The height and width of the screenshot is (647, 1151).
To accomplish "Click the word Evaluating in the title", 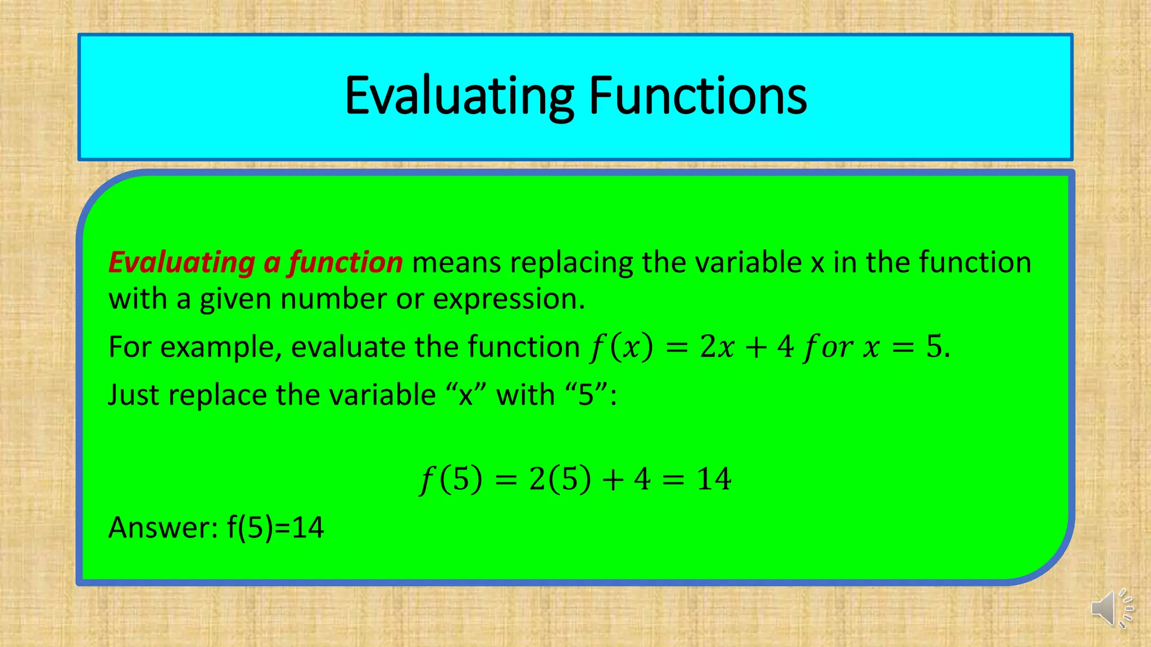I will pos(459,96).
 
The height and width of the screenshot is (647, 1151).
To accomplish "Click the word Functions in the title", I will pos(697,96).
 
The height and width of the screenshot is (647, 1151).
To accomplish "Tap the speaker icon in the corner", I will pos(1112,609).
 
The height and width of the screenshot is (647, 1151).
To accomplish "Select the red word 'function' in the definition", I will pos(346,262).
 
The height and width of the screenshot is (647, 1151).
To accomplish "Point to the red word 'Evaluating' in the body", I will pos(182,262).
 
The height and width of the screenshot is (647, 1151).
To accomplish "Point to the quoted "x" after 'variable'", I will pos(466,394).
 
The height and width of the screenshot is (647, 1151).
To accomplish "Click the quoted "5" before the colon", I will pos(586,394).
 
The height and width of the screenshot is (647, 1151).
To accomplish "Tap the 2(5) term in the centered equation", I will pos(560,479).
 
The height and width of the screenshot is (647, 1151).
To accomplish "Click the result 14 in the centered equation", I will pos(714,479).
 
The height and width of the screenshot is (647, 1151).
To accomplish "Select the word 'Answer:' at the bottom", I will pos(163,527).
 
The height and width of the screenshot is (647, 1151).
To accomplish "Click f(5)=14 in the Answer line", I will pos(275,527).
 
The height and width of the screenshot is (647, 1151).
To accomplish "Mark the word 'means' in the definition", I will pos(456,262).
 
